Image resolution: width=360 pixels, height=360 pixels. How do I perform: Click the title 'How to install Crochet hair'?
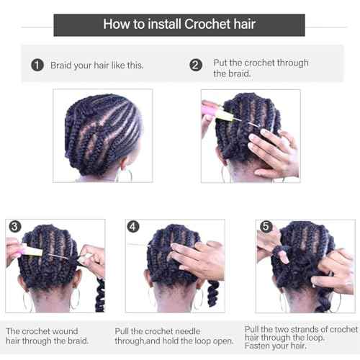179,24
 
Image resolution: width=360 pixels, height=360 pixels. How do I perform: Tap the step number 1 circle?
37,65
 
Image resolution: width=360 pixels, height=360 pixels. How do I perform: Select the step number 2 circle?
196,65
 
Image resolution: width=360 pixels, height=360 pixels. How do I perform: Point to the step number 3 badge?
14,227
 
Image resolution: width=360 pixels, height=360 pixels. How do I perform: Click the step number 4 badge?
133,227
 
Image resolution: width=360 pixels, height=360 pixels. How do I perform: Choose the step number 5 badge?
264,227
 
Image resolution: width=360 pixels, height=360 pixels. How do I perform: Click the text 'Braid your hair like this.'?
96,65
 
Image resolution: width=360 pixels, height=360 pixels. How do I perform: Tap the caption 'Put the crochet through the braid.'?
261,68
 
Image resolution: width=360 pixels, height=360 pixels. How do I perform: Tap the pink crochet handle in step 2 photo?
214,109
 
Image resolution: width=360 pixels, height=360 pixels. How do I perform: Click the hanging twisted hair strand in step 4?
212,294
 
